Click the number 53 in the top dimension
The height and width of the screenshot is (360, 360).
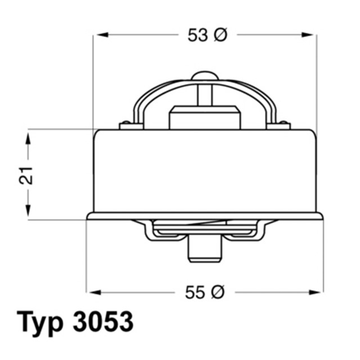197,35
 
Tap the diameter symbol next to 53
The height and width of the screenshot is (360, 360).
220,35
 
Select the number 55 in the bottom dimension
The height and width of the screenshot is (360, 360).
195,292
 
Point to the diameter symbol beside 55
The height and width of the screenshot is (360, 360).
218,292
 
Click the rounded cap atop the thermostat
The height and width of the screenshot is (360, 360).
205,75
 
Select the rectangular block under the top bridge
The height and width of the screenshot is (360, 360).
205,118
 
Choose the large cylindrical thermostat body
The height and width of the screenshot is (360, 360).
205,172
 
